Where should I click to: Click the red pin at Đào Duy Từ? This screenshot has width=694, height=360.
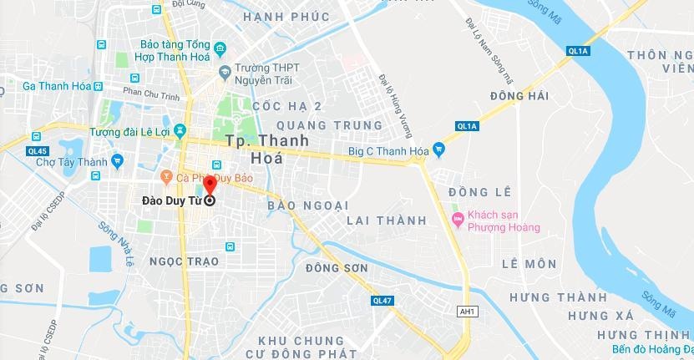[x=210, y=190]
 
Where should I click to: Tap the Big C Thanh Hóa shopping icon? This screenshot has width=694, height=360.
[x=439, y=150]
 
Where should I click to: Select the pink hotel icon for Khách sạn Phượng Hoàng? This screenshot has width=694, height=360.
[x=457, y=221]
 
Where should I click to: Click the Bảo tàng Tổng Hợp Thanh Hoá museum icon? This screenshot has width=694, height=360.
[x=220, y=48]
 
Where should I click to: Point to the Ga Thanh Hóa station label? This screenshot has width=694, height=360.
[x=55, y=86]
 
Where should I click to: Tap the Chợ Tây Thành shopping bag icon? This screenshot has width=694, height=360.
[x=116, y=158]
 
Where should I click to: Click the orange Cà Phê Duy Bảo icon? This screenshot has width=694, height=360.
[x=166, y=176]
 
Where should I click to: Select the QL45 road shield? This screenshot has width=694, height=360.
[x=37, y=151]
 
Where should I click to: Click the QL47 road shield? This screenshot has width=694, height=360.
[x=382, y=301]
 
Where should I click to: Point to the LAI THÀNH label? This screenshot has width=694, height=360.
[x=386, y=221]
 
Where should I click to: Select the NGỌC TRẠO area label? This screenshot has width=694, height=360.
[x=183, y=261]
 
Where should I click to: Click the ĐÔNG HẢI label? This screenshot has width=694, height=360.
[x=519, y=97]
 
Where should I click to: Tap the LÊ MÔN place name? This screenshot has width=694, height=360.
[x=529, y=264]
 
